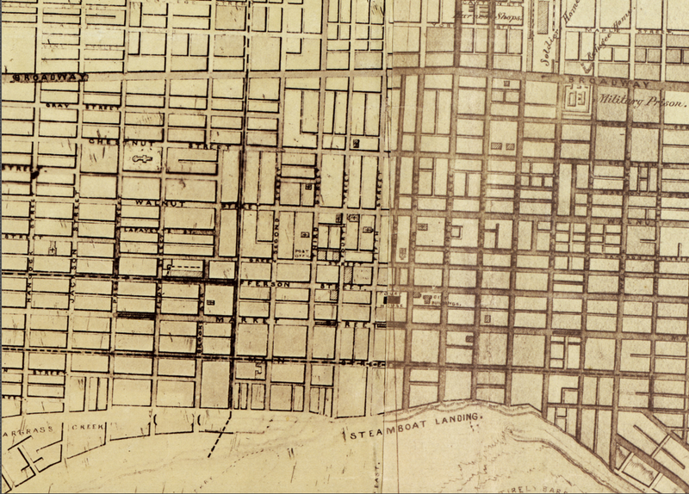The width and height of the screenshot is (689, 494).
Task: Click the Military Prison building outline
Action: click(578, 99)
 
